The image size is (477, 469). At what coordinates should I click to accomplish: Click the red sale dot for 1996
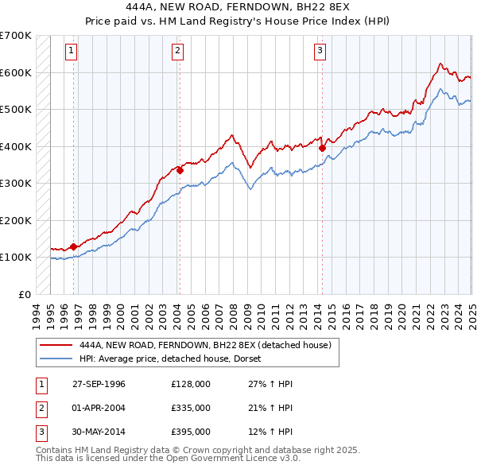pyautogui.click(x=73, y=246)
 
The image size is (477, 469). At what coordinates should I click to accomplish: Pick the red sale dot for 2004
pyautogui.click(x=180, y=169)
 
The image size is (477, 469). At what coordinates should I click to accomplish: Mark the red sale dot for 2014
pyautogui.click(x=322, y=147)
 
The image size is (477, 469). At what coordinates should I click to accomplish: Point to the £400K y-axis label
pyautogui.click(x=16, y=146)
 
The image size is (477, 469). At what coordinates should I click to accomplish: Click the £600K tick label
pyautogui.click(x=16, y=72)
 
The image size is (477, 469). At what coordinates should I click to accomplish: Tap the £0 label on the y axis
pyautogui.click(x=24, y=294)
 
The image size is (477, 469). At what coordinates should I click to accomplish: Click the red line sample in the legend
pyautogui.click(x=56, y=345)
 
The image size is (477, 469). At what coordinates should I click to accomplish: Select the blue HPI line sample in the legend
pyautogui.click(x=56, y=359)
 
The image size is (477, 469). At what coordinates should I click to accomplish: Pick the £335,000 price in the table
pyautogui.click(x=190, y=408)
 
